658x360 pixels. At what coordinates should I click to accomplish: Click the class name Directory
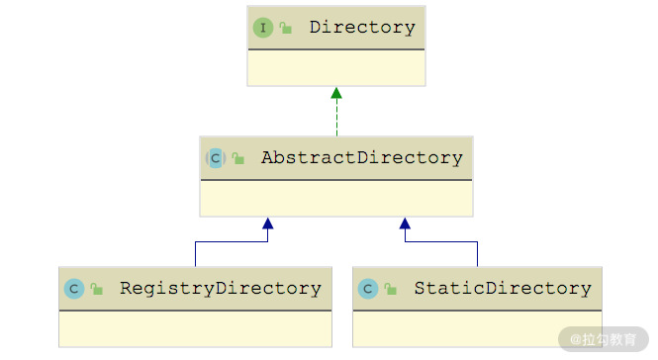362,28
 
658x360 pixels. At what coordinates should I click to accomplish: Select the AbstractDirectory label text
362,158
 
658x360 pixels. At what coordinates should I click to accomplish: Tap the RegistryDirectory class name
221,289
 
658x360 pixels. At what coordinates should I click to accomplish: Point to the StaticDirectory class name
503,289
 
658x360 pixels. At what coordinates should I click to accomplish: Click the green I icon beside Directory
263,28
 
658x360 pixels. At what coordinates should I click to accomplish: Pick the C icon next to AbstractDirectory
216,158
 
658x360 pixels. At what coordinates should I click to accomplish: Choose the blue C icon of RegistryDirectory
74,289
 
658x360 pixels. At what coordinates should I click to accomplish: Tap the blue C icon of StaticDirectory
368,289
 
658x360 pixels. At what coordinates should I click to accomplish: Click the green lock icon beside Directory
286,28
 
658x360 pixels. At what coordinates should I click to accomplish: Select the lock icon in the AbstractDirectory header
237,158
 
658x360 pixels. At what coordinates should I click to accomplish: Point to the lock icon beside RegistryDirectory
97,289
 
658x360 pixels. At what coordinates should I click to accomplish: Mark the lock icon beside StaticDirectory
390,289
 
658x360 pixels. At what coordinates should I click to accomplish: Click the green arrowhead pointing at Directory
336,93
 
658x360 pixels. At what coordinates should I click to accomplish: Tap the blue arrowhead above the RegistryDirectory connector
268,224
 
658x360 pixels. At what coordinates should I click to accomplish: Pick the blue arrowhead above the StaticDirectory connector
405,224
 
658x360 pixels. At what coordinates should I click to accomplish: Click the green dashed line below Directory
336,118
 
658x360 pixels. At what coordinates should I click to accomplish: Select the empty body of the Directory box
336,68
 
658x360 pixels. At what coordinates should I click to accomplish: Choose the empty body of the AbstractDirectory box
336,199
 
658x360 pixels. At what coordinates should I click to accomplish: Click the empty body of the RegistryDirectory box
195,329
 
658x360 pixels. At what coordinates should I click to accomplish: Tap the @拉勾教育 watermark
604,339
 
